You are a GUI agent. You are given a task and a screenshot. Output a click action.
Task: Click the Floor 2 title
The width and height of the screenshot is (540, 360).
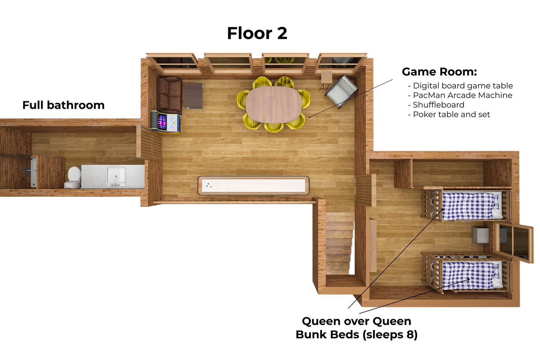[257, 33]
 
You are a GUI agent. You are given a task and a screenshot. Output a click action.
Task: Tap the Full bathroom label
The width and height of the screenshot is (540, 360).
[63, 105]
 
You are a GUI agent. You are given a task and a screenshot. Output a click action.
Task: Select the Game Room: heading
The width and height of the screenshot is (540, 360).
[439, 72]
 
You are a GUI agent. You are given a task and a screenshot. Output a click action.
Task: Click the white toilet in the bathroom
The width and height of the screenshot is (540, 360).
[73, 177]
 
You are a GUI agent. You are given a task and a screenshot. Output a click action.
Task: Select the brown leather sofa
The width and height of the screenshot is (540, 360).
[169, 95]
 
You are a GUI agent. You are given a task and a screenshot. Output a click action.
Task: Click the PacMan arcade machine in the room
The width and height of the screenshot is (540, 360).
[166, 122]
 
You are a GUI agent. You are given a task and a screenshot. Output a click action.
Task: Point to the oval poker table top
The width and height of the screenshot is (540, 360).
[274, 105]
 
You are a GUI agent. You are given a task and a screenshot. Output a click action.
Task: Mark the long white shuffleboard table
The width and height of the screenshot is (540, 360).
[253, 185]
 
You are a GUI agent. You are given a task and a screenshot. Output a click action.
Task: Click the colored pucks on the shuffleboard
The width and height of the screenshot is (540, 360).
[209, 185]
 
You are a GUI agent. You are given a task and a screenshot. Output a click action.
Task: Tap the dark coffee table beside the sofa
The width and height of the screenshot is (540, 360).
[193, 96]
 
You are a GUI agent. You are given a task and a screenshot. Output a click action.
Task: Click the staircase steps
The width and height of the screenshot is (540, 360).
[339, 243]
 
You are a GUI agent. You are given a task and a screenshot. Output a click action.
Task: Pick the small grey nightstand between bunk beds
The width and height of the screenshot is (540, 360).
[480, 235]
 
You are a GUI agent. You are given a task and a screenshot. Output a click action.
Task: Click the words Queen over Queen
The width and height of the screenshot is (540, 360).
[357, 321]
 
